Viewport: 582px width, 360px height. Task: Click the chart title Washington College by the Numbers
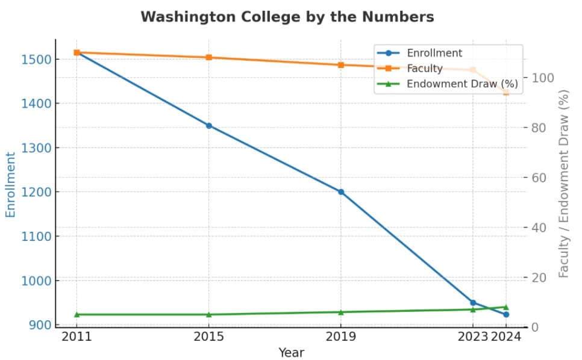click(x=287, y=17)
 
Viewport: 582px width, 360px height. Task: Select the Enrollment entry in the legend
click(x=434, y=53)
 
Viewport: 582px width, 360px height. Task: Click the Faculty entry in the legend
click(x=424, y=69)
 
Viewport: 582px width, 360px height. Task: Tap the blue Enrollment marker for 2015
click(x=209, y=126)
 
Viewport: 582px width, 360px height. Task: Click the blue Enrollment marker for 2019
click(x=341, y=192)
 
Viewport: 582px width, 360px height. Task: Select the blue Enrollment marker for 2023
click(x=473, y=302)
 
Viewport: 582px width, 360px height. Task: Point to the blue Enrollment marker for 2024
click(x=506, y=314)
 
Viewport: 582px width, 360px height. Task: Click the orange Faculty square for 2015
click(x=209, y=58)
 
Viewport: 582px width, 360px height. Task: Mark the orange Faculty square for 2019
click(x=341, y=65)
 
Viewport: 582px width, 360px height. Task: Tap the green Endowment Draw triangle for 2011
click(x=77, y=314)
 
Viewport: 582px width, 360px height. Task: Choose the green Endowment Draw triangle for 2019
click(x=341, y=312)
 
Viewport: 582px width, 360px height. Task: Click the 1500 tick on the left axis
click(x=36, y=59)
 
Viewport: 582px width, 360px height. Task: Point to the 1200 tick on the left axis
click(x=36, y=192)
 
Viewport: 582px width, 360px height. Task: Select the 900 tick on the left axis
click(x=39, y=325)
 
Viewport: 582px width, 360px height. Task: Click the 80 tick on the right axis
click(x=540, y=128)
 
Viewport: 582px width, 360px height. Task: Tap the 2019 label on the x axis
click(x=341, y=337)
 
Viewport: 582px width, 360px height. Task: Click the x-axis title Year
click(x=291, y=352)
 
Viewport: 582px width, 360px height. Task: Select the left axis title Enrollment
click(x=11, y=184)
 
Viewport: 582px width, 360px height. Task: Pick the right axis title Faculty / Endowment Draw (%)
click(x=564, y=183)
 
